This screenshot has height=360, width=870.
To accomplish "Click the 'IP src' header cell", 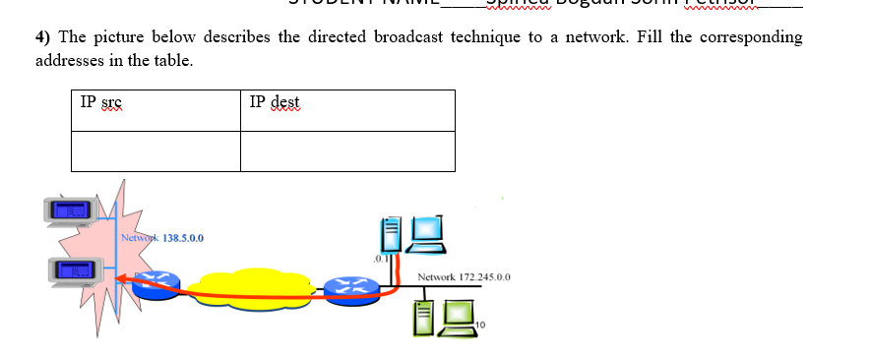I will coord(155,110).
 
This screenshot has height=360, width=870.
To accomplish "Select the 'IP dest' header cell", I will coord(347,110).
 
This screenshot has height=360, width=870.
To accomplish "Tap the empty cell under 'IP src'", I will coord(155,150).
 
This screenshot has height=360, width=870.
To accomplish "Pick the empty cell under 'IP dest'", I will coord(347,150).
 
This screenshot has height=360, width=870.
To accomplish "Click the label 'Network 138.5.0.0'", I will coord(162,238).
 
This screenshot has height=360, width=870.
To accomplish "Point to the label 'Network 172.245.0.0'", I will coord(464,278).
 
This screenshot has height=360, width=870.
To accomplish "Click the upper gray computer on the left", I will coord(70,209).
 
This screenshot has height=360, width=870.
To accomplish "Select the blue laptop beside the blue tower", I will coord(428,230).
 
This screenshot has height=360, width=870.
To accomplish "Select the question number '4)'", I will coord(43,37).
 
